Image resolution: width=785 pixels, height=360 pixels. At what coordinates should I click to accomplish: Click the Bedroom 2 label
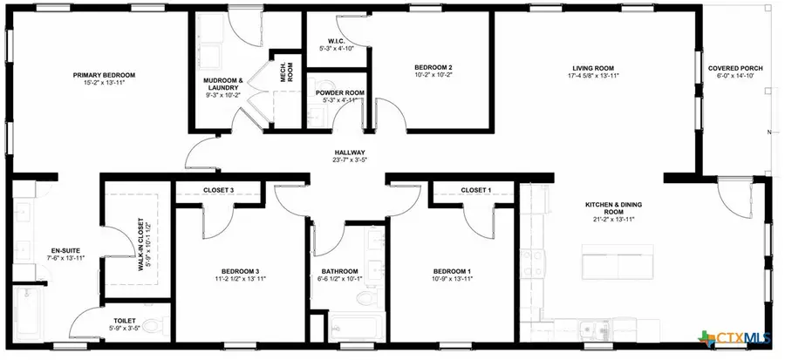click(433, 67)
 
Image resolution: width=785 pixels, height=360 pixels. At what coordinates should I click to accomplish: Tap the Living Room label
click(594, 67)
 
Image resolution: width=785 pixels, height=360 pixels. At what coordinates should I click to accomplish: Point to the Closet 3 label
click(218, 190)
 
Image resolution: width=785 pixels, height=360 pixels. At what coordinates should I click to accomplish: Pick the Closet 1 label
click(476, 190)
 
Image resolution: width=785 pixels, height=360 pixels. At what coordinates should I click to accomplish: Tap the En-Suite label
click(66, 251)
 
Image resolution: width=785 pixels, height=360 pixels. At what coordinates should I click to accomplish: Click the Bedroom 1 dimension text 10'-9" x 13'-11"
click(452, 279)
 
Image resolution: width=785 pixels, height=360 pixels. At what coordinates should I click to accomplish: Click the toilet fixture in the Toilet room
click(154, 327)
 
